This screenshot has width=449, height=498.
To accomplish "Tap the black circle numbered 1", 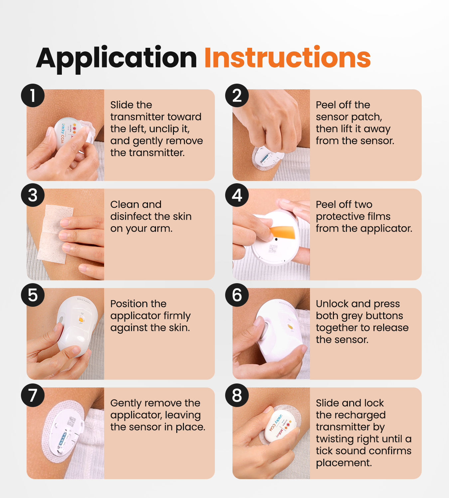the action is (33, 96).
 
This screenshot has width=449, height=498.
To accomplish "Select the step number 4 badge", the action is (237, 195).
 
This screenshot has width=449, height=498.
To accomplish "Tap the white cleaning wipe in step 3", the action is (55, 233).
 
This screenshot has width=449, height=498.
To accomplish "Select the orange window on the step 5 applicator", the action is (80, 320).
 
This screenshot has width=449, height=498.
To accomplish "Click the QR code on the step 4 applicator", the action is (273, 249).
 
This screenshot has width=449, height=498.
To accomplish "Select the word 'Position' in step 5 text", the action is (128, 304).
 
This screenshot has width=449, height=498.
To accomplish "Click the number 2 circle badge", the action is (237, 96).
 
